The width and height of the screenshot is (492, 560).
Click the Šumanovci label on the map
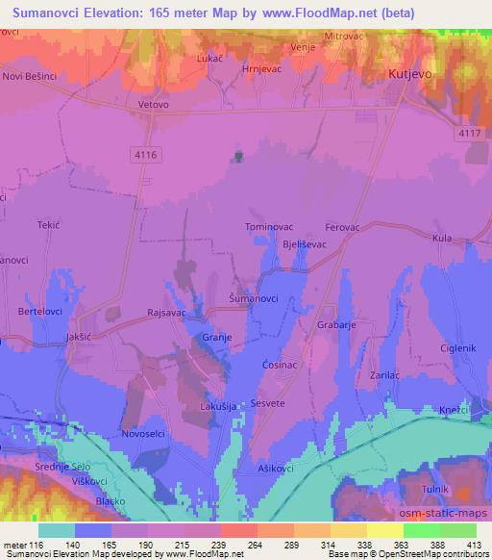click(255, 299)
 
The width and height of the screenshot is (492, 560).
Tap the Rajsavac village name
click(165, 313)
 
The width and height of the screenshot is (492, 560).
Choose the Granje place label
click(217, 337)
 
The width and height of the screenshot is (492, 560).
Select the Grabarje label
click(335, 325)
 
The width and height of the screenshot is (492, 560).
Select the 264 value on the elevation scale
click(237, 545)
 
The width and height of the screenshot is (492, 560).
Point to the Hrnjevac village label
click(260, 69)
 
